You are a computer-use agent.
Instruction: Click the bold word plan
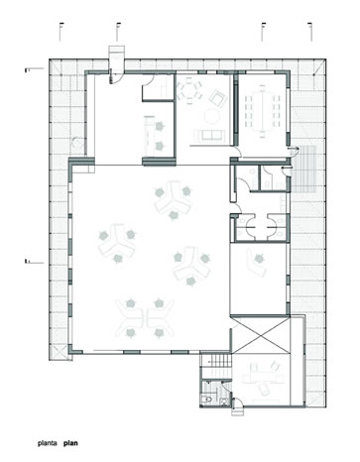pos(70,443)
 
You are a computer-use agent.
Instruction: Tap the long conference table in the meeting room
pos(263,111)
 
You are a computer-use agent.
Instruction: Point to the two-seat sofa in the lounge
pos(209,136)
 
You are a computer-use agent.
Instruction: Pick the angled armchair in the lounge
pos(217,98)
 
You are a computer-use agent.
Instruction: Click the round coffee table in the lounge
pos(211,116)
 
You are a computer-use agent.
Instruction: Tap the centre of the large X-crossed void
pos(261,335)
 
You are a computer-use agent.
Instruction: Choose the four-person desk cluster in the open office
pos(145,318)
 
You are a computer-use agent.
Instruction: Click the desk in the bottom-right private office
pos(262,377)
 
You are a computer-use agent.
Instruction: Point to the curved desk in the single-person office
pos(256,263)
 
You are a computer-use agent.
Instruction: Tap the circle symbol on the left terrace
pos(77,143)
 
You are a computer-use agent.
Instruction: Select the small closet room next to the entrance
pos(158,87)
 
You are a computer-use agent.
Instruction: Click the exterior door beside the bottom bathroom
pos(237,404)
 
